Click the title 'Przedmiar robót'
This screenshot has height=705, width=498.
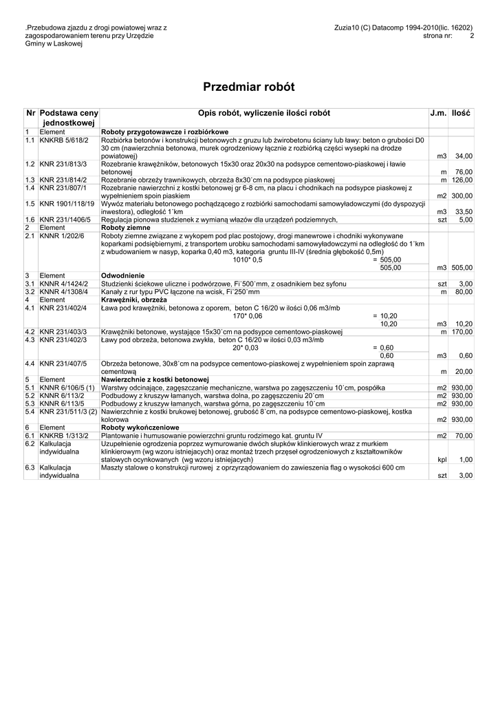248,87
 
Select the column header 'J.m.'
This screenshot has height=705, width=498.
438,113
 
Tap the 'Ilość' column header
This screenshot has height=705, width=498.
461,113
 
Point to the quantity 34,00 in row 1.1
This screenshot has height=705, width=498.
464,156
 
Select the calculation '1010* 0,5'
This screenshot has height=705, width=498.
248,260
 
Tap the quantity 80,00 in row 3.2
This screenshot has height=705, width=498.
464,292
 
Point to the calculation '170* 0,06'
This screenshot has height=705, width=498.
248,316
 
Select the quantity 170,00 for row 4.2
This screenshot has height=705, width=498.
462,332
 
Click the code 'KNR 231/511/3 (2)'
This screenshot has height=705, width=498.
68,412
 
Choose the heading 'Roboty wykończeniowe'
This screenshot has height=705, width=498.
140,428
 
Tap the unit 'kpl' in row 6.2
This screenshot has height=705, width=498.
442,459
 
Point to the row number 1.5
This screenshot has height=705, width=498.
30,204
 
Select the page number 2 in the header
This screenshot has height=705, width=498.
472,36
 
